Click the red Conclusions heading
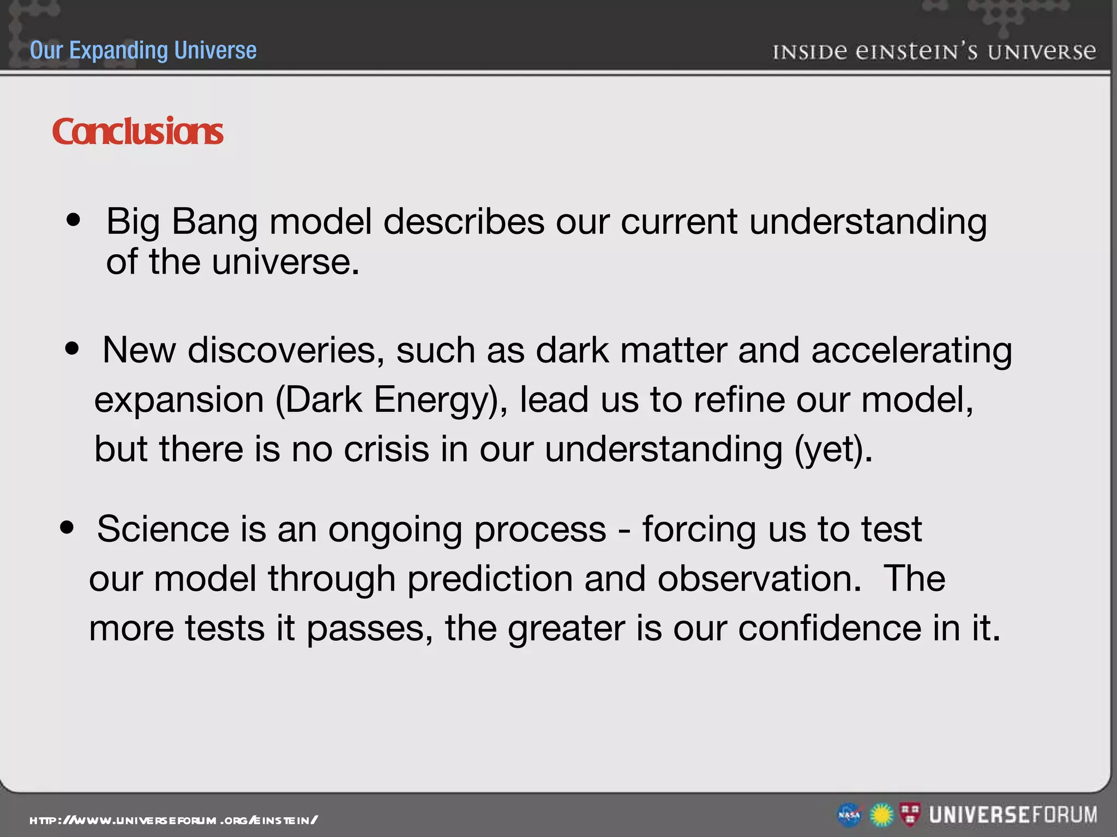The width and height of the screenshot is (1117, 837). coord(137,132)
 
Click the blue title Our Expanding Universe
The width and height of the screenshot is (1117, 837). coord(143,50)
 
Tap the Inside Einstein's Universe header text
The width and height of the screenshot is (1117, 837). coord(934,52)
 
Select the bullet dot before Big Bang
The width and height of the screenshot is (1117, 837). coord(73,221)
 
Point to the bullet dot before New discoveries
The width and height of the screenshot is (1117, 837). coord(72,348)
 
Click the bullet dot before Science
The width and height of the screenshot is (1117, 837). coord(67,527)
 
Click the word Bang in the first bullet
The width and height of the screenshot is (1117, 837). coord(214,222)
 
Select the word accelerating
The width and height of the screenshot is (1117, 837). coord(911,350)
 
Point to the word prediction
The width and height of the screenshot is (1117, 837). coord(490,579)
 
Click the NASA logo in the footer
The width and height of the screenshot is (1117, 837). coord(849,815)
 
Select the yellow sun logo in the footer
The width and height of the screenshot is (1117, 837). coord(881,815)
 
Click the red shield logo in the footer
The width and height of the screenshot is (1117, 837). coord(910,814)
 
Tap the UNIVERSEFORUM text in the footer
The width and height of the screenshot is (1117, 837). coord(1013,815)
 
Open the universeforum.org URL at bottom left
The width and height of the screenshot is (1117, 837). coord(173,820)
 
